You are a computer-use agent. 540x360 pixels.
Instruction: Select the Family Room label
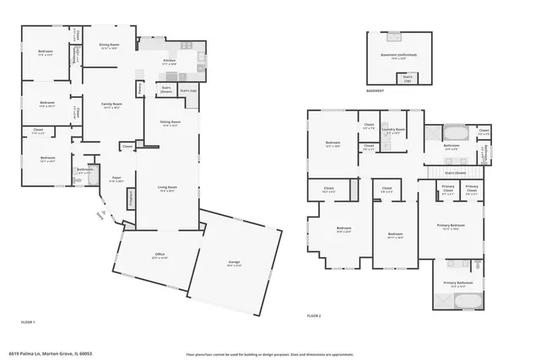point(112,105)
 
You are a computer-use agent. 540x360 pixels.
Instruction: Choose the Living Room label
point(167,188)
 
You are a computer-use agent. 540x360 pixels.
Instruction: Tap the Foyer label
point(116,179)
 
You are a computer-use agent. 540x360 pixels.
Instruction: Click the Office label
point(159,255)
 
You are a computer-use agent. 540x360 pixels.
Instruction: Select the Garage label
point(234,265)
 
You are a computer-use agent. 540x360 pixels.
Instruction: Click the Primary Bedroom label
point(451,227)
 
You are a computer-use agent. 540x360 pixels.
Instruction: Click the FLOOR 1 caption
point(29,322)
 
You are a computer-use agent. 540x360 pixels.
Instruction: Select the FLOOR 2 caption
point(315,315)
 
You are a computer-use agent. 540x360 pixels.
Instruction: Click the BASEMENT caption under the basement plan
point(375,91)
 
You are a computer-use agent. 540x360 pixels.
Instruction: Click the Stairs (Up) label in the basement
point(408,78)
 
